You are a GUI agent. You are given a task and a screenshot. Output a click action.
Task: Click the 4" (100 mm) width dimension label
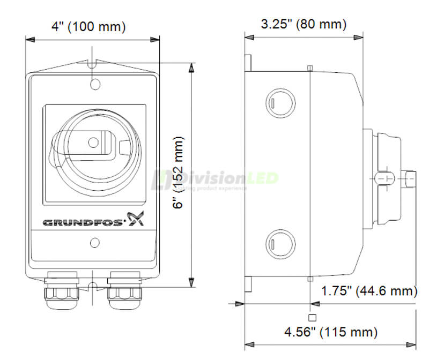[89, 26]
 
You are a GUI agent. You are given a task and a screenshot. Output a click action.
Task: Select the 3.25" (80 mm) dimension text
[304, 24]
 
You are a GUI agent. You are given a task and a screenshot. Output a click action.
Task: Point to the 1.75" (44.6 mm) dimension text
[369, 291]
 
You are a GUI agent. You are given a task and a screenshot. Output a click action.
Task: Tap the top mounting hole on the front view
[94, 84]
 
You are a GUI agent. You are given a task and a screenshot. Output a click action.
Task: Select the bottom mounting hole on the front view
[94, 244]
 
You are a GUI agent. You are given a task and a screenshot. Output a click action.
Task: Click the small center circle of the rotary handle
[93, 142]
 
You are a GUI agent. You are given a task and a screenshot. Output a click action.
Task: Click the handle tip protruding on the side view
[410, 178]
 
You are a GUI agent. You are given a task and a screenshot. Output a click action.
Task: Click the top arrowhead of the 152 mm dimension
[191, 66]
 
